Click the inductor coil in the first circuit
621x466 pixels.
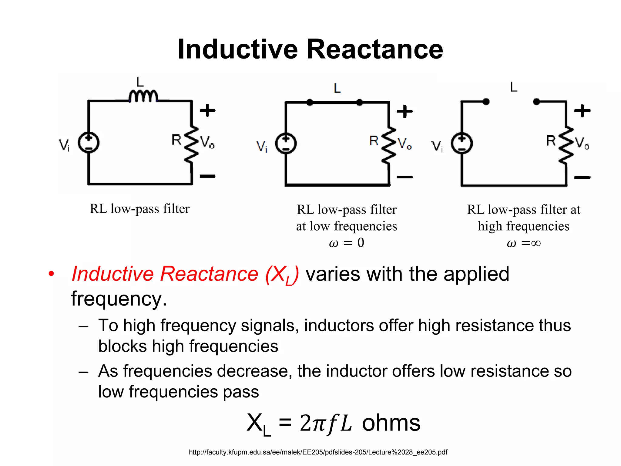(x=143, y=96)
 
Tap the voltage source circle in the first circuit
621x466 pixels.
(x=89, y=143)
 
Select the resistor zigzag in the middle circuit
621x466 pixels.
(x=389, y=146)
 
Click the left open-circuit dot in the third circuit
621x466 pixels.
(x=486, y=102)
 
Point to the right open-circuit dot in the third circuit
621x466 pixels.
(x=536, y=102)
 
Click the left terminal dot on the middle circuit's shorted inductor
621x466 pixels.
(x=310, y=103)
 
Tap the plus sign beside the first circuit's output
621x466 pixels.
(x=208, y=110)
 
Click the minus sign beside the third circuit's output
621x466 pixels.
(x=582, y=177)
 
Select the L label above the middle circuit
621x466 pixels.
(x=337, y=88)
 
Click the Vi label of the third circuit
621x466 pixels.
(x=437, y=146)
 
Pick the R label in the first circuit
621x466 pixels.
(x=176, y=140)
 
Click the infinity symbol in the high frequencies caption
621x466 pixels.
(x=536, y=243)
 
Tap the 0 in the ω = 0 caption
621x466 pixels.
(x=361, y=243)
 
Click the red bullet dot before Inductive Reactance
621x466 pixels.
(x=51, y=274)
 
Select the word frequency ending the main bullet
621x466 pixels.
(x=119, y=299)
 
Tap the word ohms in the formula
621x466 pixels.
(x=391, y=423)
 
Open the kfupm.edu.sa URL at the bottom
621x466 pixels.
(x=318, y=452)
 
